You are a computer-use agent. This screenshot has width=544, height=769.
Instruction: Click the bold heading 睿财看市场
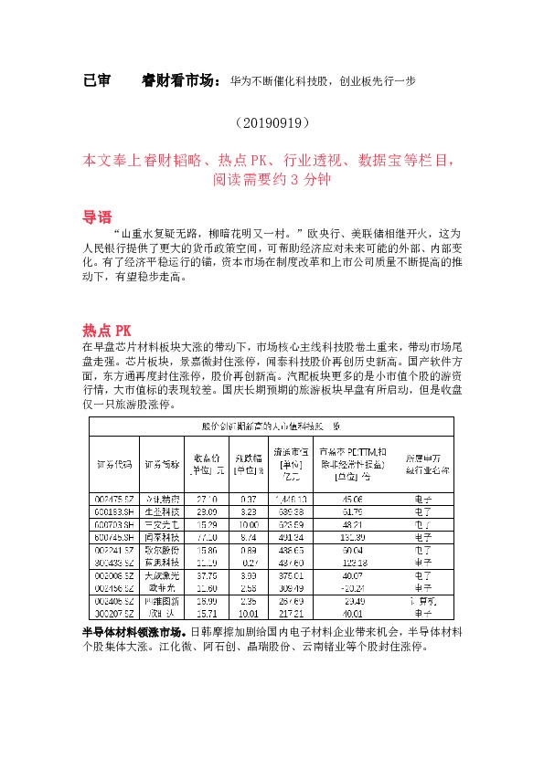pyautogui.click(x=182, y=80)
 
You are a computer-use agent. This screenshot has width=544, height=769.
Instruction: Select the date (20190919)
pyautogui.click(x=272, y=121)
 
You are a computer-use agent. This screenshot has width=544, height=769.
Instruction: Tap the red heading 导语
pyautogui.click(x=97, y=218)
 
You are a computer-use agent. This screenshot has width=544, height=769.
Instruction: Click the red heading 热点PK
pyautogui.click(x=107, y=330)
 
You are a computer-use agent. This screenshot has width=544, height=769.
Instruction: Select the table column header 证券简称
pyautogui.click(x=162, y=463)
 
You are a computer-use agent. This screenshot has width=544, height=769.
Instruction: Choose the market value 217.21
pyautogui.click(x=293, y=616)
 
